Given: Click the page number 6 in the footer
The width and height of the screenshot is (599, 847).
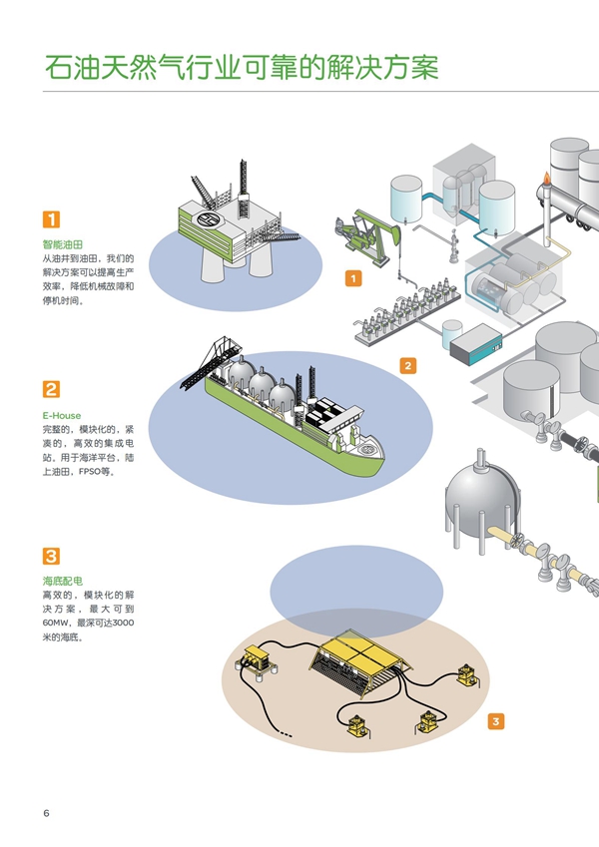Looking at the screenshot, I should tap(46, 813).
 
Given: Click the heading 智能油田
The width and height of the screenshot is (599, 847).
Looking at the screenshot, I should tap(62, 243).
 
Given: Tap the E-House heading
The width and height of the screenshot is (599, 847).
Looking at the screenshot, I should tap(62, 415).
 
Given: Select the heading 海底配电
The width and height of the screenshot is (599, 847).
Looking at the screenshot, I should tap(62, 580).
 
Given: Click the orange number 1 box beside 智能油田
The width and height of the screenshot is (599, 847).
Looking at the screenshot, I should tap(51, 220).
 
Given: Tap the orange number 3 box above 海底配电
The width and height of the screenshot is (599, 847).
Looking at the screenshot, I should tap(51, 557).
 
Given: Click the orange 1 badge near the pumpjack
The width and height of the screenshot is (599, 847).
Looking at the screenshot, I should tap(352, 278).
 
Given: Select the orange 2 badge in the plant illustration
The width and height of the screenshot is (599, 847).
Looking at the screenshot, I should tap(407, 366).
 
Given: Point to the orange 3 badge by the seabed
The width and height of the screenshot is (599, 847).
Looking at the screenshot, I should tap(496, 720).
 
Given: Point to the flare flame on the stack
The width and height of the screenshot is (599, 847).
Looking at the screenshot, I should tap(546, 180).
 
